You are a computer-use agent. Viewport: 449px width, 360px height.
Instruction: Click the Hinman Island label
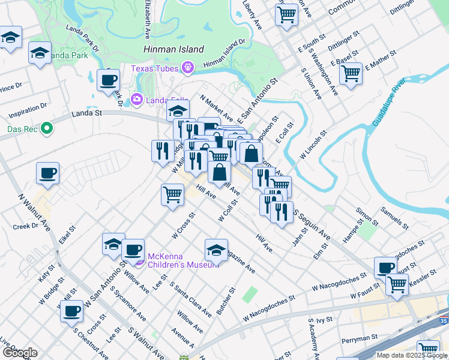click(174, 49)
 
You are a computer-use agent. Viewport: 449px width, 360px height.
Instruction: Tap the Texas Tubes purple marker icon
click(188, 68)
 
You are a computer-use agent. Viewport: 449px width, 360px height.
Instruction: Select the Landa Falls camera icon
click(137, 99)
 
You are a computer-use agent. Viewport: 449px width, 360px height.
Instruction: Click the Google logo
click(20, 353)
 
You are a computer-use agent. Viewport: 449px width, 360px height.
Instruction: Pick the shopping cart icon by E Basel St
click(351, 73)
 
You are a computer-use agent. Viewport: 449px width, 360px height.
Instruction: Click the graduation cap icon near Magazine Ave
click(216, 249)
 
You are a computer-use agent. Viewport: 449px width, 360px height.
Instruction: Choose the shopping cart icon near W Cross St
click(172, 194)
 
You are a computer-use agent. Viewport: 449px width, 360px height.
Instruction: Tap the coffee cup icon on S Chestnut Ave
click(71, 311)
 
